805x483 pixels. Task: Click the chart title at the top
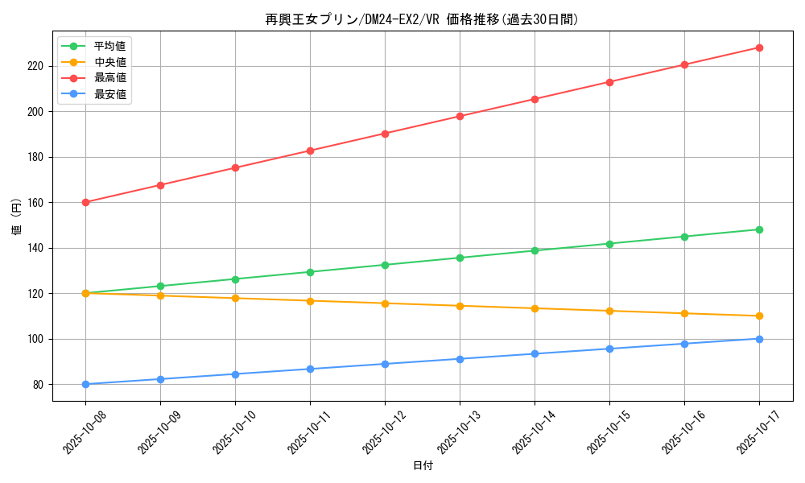(422, 19)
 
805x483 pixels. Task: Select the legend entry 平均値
(109, 46)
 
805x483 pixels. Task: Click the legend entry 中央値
(109, 62)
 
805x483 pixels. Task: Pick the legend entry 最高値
(109, 78)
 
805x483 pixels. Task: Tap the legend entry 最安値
(109, 94)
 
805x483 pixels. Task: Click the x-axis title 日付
(422, 466)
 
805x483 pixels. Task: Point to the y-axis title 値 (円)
(17, 217)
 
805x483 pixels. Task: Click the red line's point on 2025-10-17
(759, 47)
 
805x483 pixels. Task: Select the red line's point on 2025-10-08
(85, 202)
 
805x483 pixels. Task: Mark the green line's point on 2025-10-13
(460, 258)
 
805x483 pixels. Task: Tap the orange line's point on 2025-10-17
(759, 316)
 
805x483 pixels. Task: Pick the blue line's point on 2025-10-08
(85, 384)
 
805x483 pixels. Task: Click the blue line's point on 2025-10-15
(609, 349)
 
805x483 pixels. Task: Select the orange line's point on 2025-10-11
(310, 301)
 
